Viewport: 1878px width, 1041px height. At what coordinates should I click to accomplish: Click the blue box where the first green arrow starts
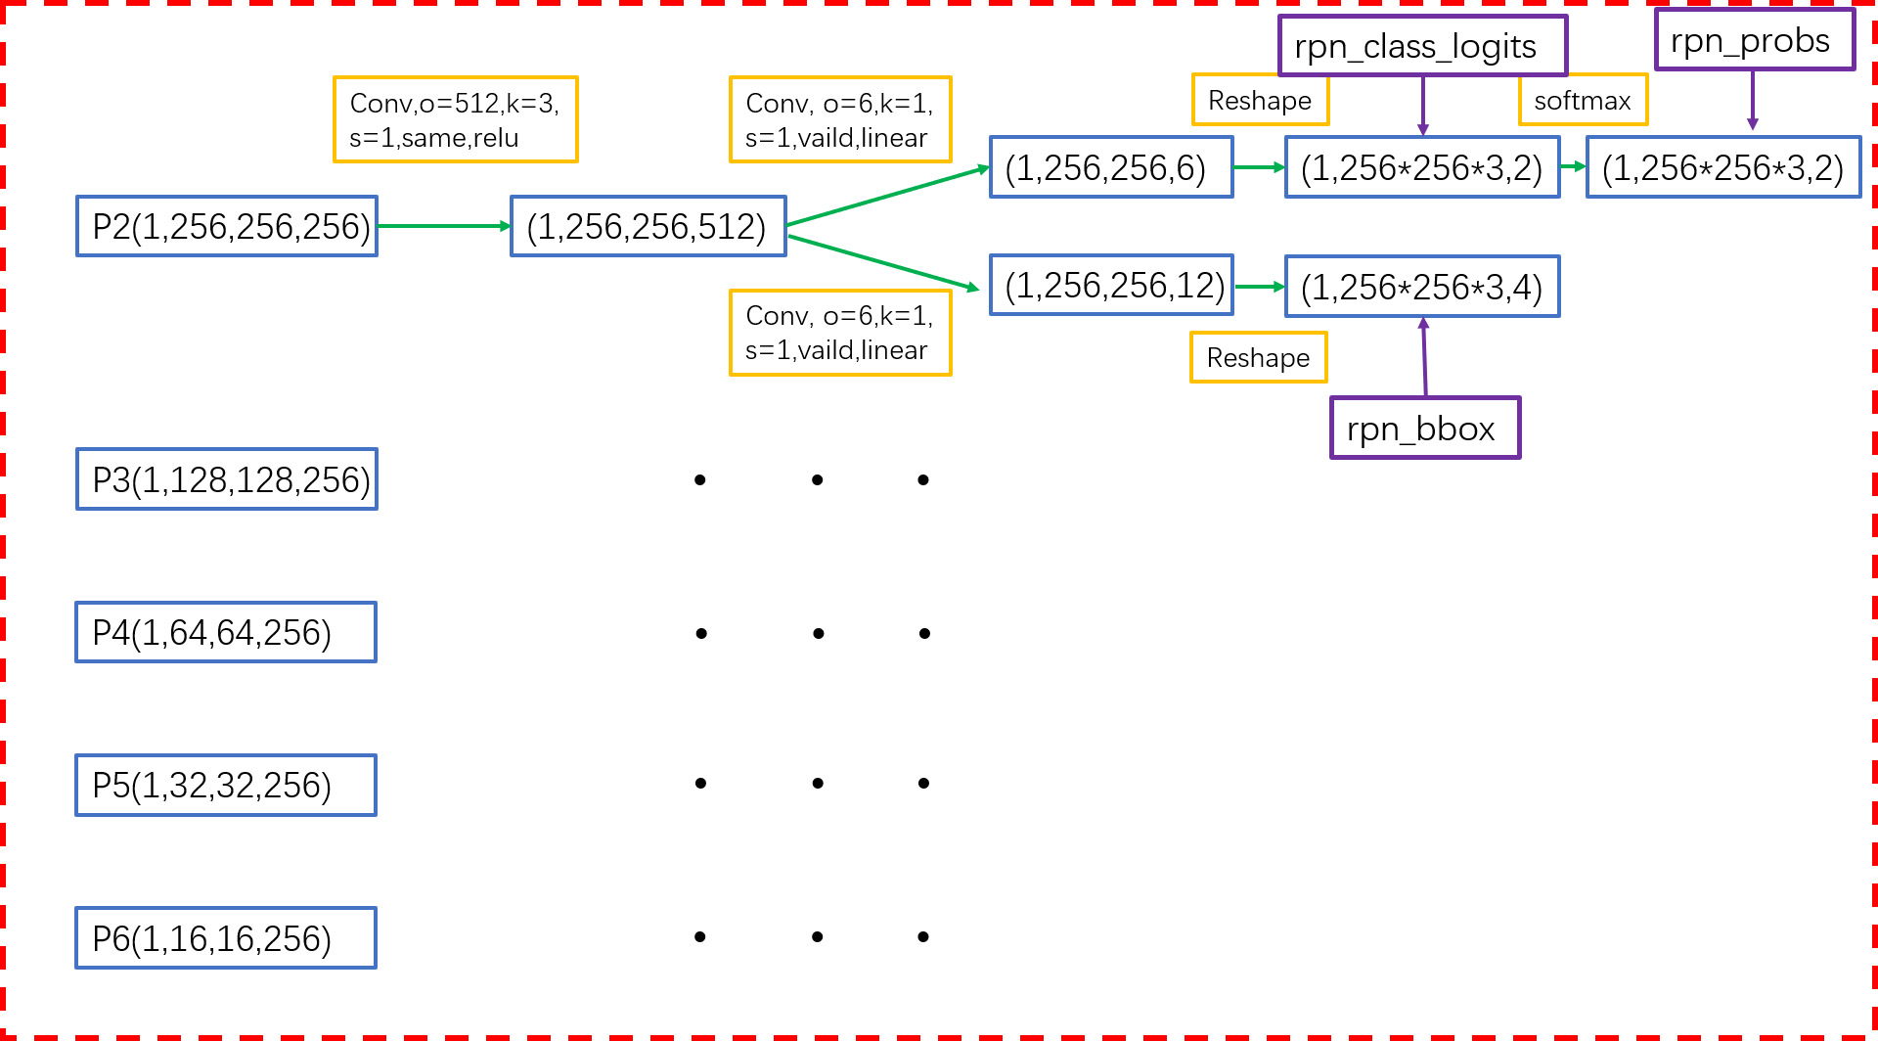226,226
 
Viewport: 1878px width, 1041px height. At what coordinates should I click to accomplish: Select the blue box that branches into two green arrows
648,226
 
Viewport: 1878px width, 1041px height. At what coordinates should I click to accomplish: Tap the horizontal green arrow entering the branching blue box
443,226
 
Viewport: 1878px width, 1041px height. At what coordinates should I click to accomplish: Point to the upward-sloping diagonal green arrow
887,197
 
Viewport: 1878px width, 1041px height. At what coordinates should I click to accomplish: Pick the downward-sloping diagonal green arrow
882,262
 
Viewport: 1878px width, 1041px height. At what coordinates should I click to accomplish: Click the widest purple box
1422,45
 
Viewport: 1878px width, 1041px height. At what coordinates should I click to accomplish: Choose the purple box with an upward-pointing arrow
1425,428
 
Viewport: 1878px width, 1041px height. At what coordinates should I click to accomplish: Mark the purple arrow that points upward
1424,356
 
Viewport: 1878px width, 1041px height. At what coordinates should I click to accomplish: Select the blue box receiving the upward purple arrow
1422,287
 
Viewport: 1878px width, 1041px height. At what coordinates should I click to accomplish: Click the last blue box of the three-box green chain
1722,167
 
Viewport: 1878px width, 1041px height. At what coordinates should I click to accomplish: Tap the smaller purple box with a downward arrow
1755,39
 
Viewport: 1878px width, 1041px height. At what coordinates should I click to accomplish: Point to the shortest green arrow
1573,167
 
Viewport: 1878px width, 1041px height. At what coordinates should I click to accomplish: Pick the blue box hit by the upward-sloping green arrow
1111,167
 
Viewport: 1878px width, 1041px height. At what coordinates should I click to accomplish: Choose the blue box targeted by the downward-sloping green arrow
1111,285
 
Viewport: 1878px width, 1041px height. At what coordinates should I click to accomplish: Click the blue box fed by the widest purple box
1422,167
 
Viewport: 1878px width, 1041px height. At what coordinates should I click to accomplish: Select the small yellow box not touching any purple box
1258,357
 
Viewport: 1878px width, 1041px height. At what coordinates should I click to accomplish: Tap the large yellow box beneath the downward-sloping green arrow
840,333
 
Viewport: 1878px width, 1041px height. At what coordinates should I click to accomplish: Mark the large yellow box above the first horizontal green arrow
456,119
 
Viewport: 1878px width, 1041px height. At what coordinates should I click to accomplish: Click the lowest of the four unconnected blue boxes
226,938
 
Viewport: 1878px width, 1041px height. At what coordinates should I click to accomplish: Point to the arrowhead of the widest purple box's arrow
1423,130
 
